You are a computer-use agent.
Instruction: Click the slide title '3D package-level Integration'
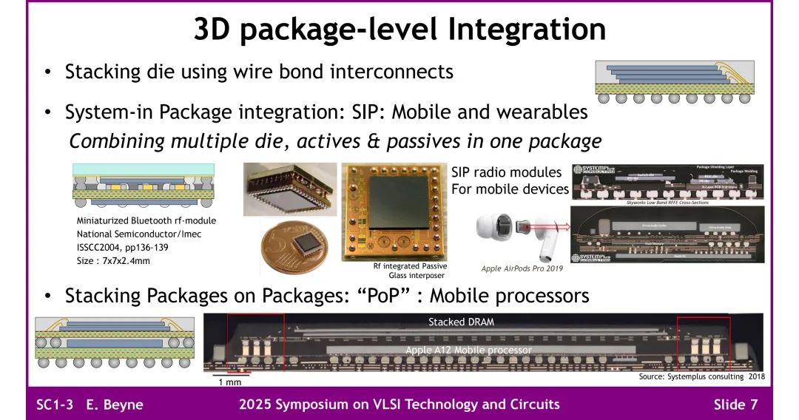[x=399, y=29]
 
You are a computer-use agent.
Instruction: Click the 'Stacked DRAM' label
[x=461, y=322]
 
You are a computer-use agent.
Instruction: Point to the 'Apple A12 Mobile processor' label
[x=468, y=350]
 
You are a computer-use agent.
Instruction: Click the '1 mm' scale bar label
[x=230, y=382]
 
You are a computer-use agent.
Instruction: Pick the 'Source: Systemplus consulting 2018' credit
[x=701, y=376]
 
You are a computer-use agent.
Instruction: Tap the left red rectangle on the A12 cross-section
[x=255, y=342]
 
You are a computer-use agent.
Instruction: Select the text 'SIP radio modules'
[x=506, y=172]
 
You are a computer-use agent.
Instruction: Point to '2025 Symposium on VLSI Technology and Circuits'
[x=399, y=404]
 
